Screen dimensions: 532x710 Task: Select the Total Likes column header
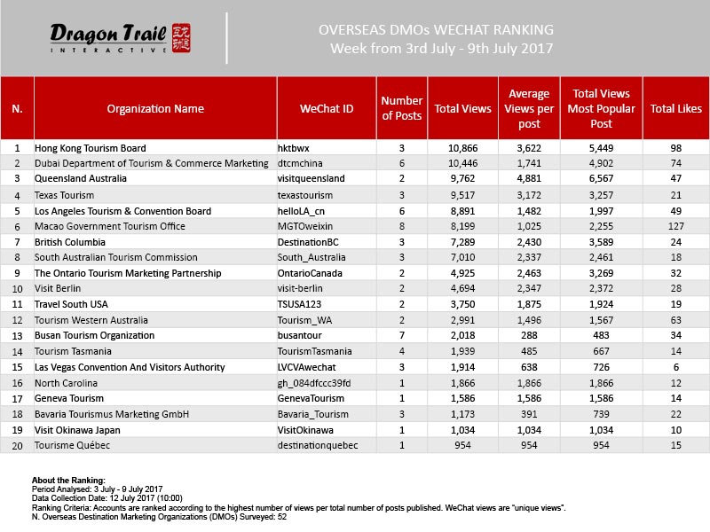(676, 109)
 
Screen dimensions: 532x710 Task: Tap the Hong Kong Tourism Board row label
(90, 147)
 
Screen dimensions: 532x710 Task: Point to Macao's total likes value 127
(676, 227)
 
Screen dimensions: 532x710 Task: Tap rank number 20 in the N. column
(17, 445)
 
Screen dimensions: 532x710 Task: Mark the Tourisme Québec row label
(74, 445)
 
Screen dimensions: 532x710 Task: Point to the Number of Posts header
(401, 109)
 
